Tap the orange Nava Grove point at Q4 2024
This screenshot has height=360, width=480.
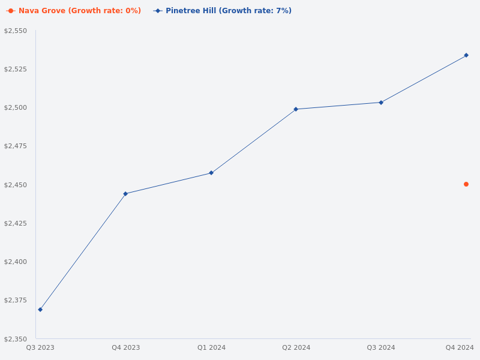pos(466,184)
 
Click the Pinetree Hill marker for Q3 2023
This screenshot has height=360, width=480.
pos(40,310)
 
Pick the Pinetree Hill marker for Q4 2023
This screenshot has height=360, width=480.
pos(125,194)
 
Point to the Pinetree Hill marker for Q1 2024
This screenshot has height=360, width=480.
pos(211,173)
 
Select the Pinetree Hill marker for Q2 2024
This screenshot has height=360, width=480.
pos(296,109)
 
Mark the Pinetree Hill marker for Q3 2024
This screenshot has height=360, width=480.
pos(381,103)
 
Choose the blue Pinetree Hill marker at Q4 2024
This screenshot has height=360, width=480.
pos(466,55)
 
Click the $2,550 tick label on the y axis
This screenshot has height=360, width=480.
pos(16,31)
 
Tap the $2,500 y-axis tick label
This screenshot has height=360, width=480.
pos(16,107)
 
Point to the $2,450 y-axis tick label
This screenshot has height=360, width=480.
pos(16,185)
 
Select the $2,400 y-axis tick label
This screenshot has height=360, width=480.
pos(16,262)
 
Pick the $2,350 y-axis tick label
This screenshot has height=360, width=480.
pos(16,339)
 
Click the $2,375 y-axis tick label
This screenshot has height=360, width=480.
pos(16,300)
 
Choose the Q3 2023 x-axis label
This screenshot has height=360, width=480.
pos(40,347)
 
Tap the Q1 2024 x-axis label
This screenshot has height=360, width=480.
pos(211,347)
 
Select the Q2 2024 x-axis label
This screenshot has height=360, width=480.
pos(296,347)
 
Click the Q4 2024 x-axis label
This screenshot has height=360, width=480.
pos(460,347)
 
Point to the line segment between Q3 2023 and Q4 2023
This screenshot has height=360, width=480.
pos(83,252)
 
